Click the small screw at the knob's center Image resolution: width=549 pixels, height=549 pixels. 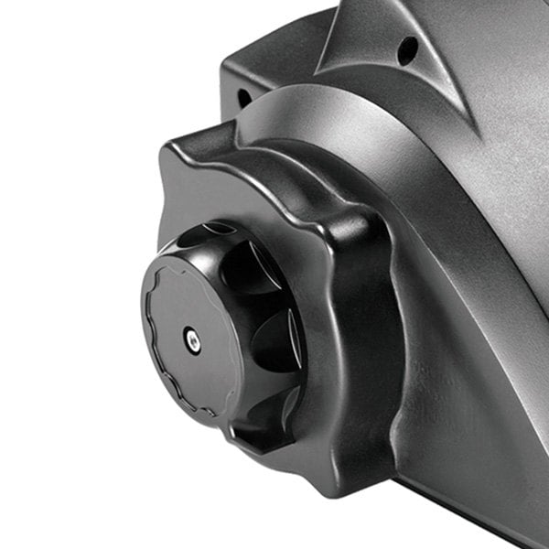[190, 337]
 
